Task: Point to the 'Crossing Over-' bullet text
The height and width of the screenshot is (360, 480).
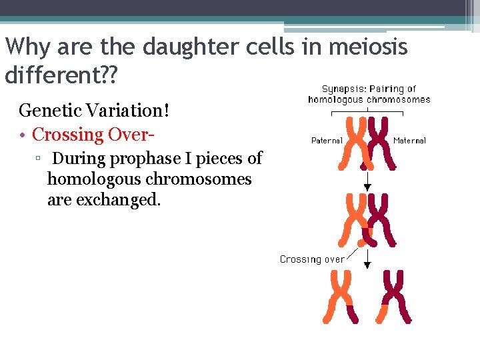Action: (94, 134)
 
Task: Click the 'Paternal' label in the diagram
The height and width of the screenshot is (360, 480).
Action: (327, 141)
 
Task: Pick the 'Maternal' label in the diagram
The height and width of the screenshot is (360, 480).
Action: (409, 141)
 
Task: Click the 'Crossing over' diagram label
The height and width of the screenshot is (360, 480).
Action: (312, 259)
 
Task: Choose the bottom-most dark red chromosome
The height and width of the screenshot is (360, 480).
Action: (395, 297)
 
